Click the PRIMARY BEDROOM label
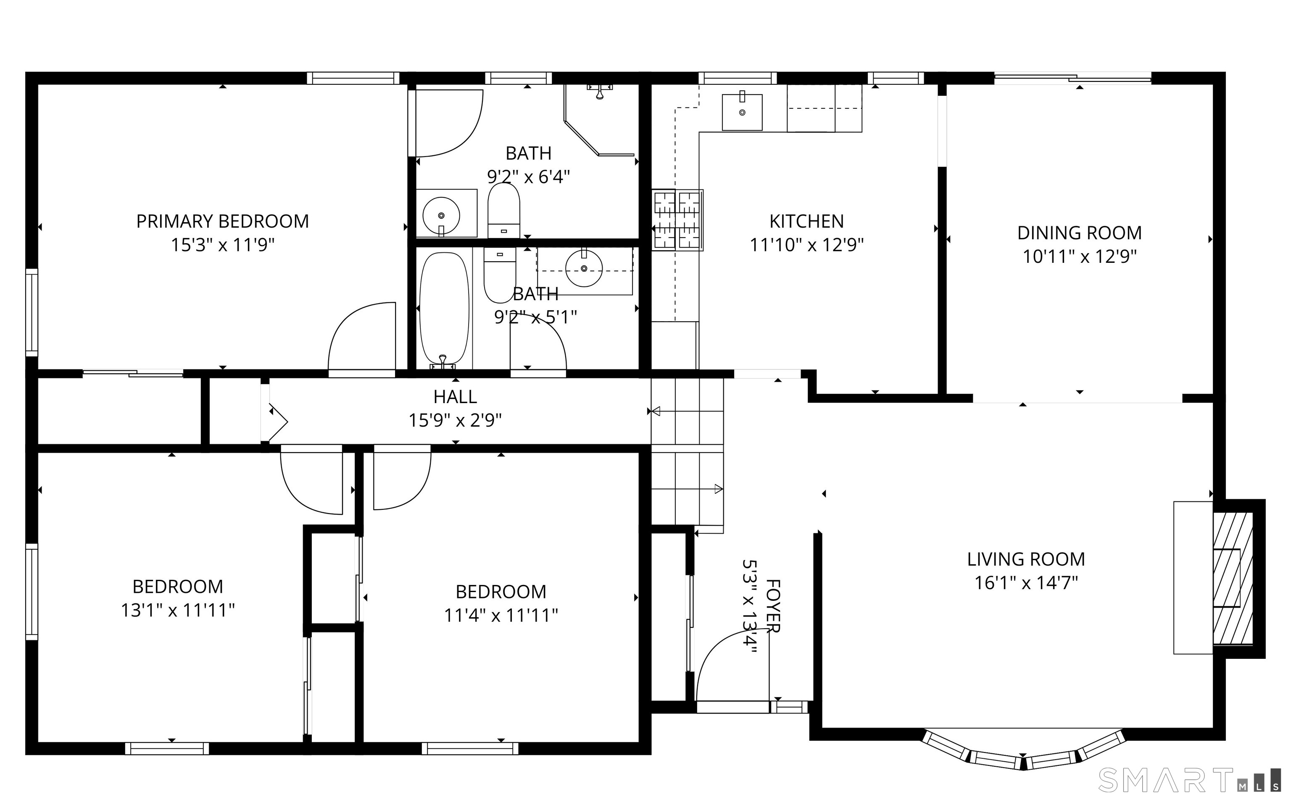point(222,221)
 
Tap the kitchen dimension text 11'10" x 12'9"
point(806,245)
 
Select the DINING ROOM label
point(1079,233)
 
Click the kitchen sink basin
point(742,112)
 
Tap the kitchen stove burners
point(678,220)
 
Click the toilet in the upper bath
point(503,211)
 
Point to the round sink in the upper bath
point(441,215)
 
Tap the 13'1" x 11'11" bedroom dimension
point(178,611)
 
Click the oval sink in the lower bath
point(584,268)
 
